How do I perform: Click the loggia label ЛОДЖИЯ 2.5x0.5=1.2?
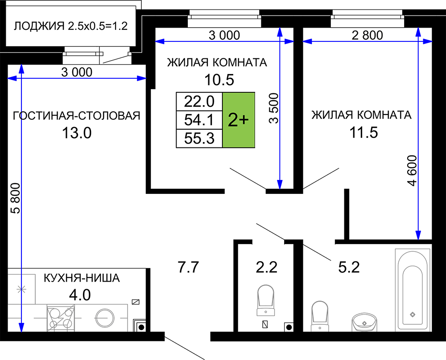pyautogui.click(x=70, y=26)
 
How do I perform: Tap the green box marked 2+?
pyautogui.click(x=238, y=120)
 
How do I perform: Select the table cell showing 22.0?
pyautogui.click(x=199, y=102)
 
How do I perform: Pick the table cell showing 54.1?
pyautogui.click(x=199, y=120)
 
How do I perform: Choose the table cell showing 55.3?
pyautogui.click(x=199, y=139)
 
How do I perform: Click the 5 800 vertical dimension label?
pyautogui.click(x=16, y=198)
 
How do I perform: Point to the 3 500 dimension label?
pyautogui.click(x=274, y=108)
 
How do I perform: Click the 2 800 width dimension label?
pyautogui.click(x=367, y=35)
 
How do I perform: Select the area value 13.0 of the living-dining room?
pyautogui.click(x=77, y=133)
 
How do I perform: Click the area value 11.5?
pyautogui.click(x=363, y=132)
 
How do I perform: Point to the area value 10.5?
pyautogui.click(x=219, y=80)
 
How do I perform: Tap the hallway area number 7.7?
pyautogui.click(x=188, y=267)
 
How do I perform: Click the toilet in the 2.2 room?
pyautogui.click(x=266, y=300)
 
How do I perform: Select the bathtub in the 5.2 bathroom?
pyautogui.click(x=412, y=290)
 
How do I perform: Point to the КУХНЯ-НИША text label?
pyautogui.click(x=82, y=278)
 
